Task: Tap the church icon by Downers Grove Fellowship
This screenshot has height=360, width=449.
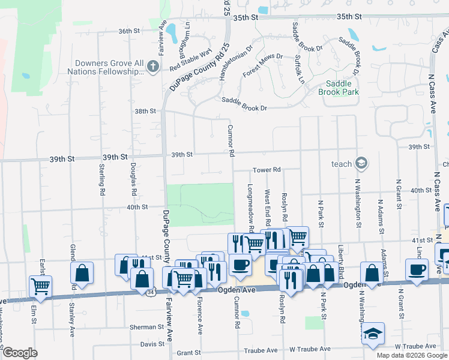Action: click(153, 67)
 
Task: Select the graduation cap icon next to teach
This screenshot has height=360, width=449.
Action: click(361, 163)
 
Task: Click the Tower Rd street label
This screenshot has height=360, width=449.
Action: click(267, 170)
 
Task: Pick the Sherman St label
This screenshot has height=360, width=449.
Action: click(147, 328)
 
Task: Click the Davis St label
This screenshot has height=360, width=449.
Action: click(152, 344)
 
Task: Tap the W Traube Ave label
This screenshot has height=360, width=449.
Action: click(310, 349)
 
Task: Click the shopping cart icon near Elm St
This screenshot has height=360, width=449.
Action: click(40, 286)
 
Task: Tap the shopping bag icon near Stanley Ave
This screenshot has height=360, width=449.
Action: click(82, 273)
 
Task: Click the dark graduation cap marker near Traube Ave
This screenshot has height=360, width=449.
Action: click(373, 333)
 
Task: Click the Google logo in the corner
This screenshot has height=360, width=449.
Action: click(20, 353)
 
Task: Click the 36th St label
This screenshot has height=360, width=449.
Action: click(128, 31)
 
